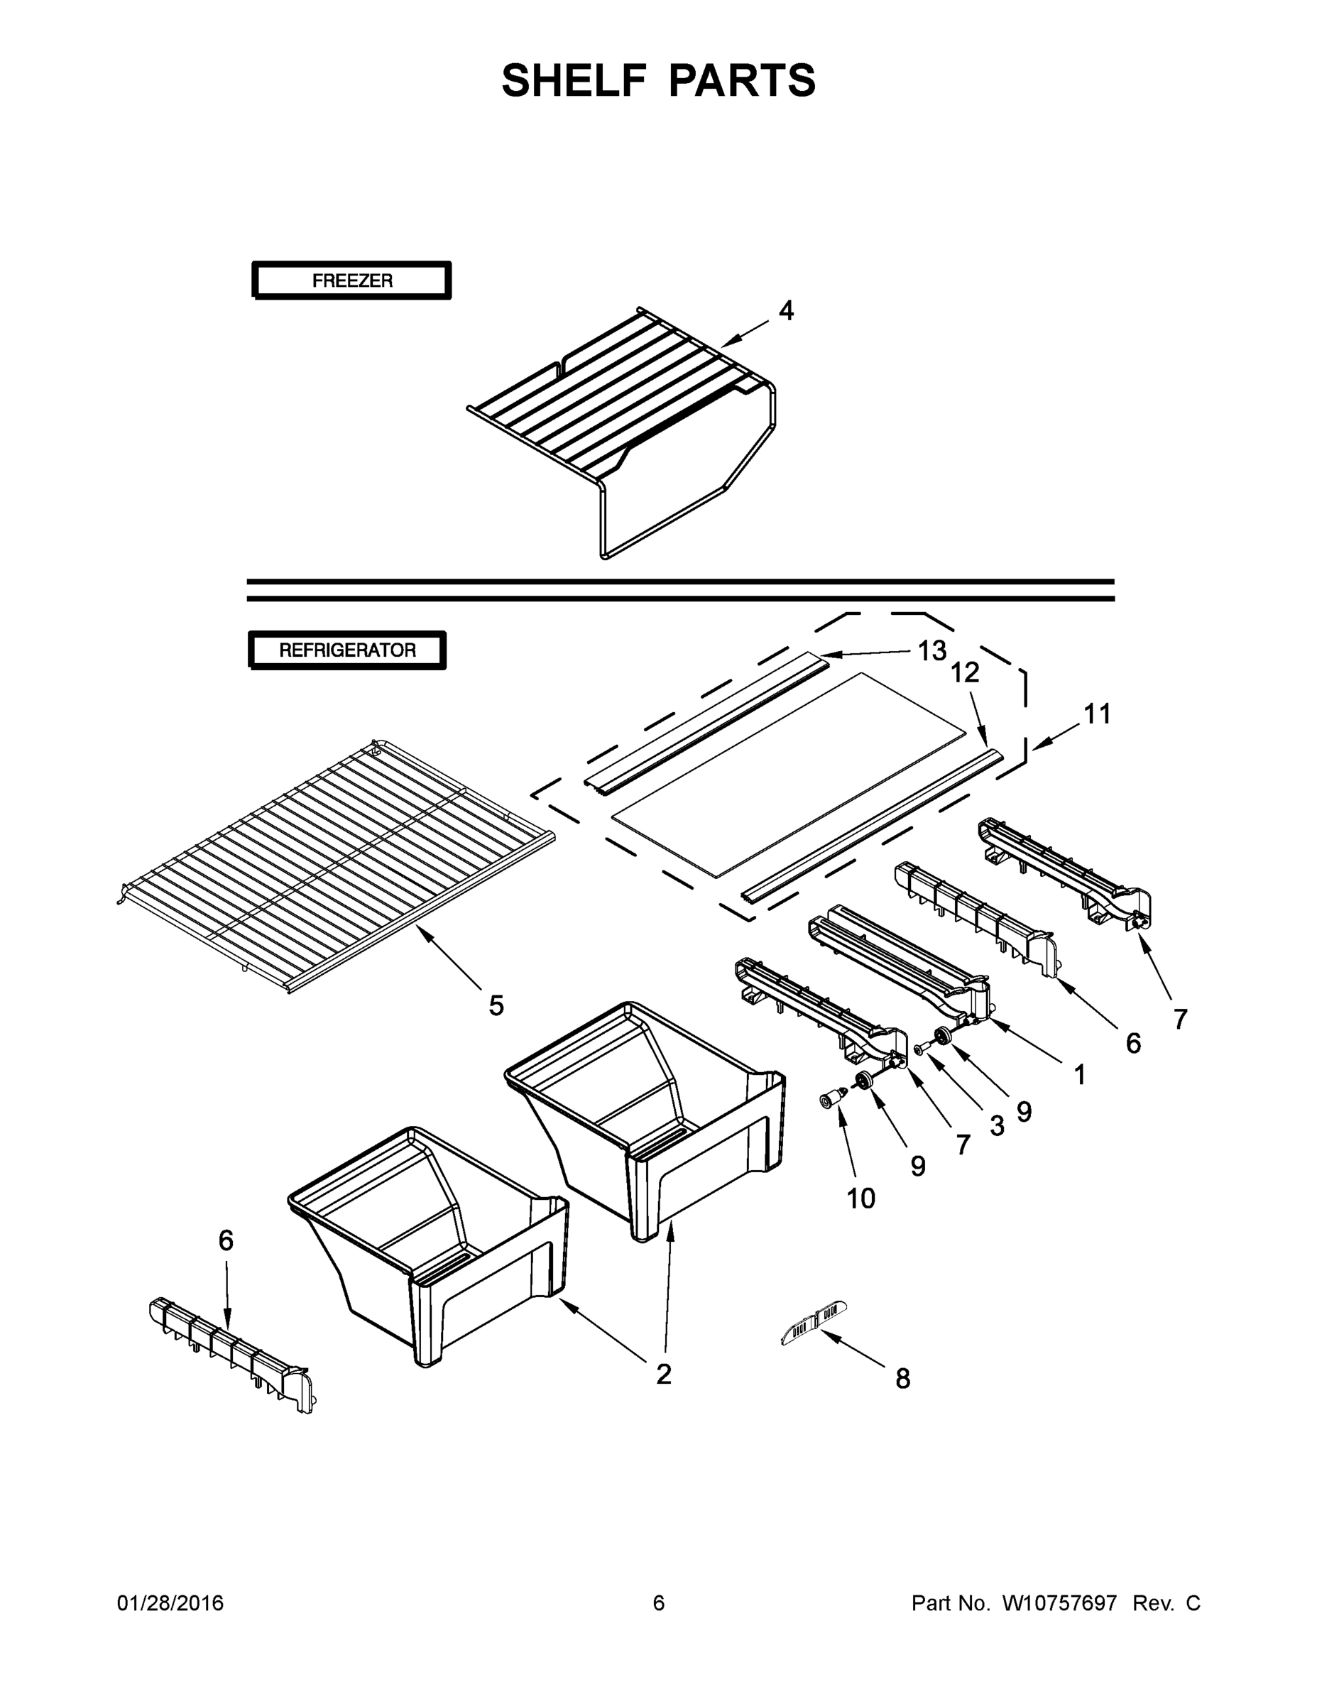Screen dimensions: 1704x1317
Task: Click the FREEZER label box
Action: click(x=352, y=281)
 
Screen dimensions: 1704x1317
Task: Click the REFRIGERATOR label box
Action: click(x=347, y=650)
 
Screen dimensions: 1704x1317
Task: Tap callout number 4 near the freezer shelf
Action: click(x=786, y=310)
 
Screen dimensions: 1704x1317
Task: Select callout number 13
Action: click(x=931, y=650)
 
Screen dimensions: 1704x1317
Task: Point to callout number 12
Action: click(x=964, y=672)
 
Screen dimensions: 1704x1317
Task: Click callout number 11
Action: click(x=1097, y=714)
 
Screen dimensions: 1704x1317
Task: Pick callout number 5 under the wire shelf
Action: click(x=496, y=1005)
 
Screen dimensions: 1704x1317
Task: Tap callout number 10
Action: click(x=860, y=1198)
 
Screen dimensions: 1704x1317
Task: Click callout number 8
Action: click(x=902, y=1380)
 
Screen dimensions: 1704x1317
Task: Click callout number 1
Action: click(x=1079, y=1076)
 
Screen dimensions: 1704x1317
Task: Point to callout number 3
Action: click(x=996, y=1126)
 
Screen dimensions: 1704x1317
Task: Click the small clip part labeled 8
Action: click(x=814, y=1320)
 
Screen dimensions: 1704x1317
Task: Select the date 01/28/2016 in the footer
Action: click(x=170, y=1603)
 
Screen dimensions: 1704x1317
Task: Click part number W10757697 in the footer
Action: click(x=1059, y=1603)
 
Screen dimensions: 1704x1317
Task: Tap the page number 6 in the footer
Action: click(x=659, y=1603)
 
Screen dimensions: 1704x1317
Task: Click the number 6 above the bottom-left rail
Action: click(x=226, y=1240)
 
